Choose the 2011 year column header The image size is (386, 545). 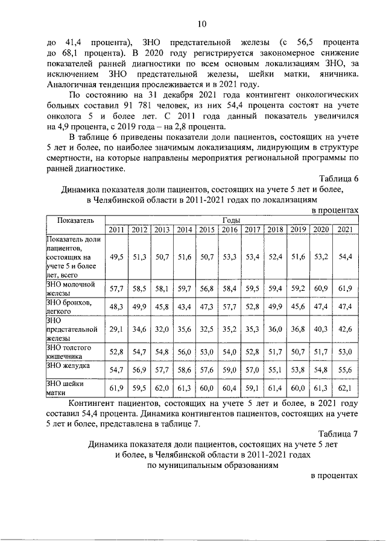click(x=117, y=229)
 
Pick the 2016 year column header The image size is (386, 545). click(x=229, y=229)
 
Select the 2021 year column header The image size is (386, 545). click(x=345, y=229)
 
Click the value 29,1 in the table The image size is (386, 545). click(x=117, y=329)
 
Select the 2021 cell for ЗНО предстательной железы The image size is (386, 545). click(x=345, y=329)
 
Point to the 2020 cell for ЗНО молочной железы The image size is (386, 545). click(x=320, y=288)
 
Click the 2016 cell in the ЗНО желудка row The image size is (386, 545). click(x=229, y=367)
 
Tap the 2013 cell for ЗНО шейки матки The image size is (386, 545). click(x=162, y=388)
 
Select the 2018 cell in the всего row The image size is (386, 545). click(x=275, y=257)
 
